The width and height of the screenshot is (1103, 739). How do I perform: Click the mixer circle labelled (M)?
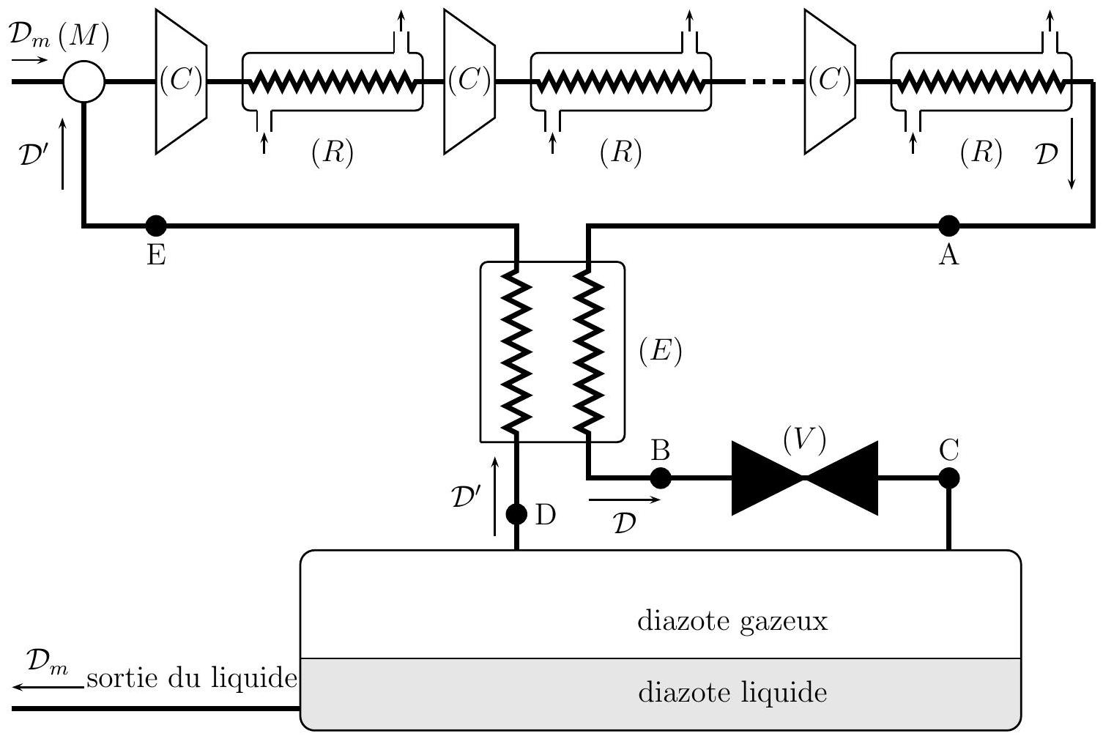(84, 81)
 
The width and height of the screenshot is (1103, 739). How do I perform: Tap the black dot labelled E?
(156, 226)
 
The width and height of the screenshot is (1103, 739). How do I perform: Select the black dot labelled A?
(948, 226)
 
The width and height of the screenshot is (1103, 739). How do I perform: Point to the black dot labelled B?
(660, 478)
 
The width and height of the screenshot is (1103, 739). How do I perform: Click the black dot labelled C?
(948, 478)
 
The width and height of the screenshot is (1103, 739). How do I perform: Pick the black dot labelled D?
(517, 514)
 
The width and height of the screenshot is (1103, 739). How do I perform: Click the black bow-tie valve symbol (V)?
(804, 478)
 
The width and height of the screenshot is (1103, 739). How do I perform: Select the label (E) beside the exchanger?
(660, 352)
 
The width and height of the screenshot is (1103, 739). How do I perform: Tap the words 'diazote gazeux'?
(732, 621)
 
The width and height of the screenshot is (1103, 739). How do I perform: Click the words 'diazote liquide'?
(732, 692)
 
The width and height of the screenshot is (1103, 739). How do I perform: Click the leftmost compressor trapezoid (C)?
(181, 81)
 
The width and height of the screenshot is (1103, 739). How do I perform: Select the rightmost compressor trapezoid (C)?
(830, 81)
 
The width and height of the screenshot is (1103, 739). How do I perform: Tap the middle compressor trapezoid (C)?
(469, 81)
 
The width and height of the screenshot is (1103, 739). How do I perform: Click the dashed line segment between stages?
(773, 81)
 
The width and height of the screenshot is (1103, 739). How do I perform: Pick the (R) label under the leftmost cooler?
(333, 152)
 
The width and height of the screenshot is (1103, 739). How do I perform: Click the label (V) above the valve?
(804, 439)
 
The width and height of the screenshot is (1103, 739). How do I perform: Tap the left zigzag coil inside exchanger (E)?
(517, 352)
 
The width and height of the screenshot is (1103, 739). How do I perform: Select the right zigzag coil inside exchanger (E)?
(588, 352)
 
